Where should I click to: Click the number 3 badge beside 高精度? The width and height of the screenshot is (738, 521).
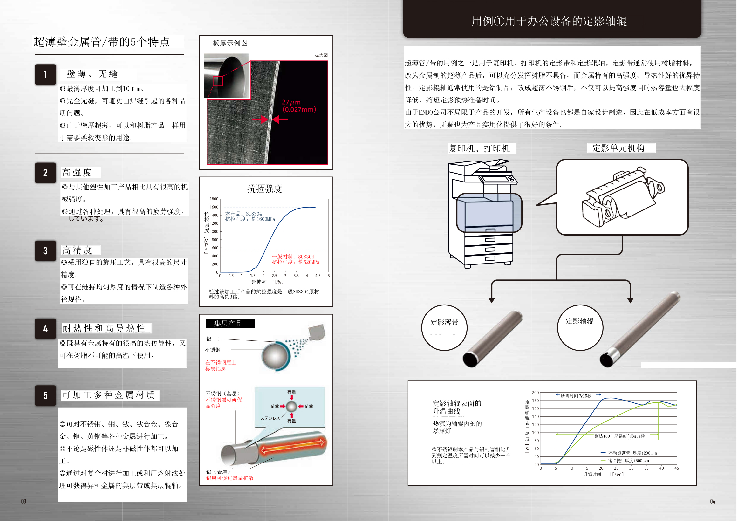pyautogui.click(x=45, y=251)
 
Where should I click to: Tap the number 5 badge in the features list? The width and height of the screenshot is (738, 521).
pyautogui.click(x=45, y=396)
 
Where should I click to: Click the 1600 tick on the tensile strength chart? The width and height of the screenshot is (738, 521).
pyautogui.click(x=214, y=207)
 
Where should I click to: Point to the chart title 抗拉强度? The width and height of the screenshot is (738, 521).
pyautogui.click(x=264, y=189)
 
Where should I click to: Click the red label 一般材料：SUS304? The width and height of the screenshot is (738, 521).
pyautogui.click(x=293, y=257)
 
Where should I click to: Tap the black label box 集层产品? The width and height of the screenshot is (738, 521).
pyautogui.click(x=230, y=323)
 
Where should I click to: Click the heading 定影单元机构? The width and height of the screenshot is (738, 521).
pyautogui.click(x=618, y=148)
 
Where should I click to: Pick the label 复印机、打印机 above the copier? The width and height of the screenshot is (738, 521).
pyautogui.click(x=479, y=148)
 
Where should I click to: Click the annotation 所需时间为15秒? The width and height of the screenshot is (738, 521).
pyautogui.click(x=576, y=396)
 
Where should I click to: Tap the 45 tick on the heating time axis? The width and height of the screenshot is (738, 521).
pyautogui.click(x=677, y=468)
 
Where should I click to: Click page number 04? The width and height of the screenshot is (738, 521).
pyautogui.click(x=713, y=501)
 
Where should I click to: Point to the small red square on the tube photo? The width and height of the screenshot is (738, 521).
pyautogui.click(x=218, y=81)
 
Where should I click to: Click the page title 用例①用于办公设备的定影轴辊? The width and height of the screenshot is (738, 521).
pyautogui.click(x=549, y=21)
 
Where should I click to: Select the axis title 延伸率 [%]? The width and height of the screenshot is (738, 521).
pyautogui.click(x=267, y=282)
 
